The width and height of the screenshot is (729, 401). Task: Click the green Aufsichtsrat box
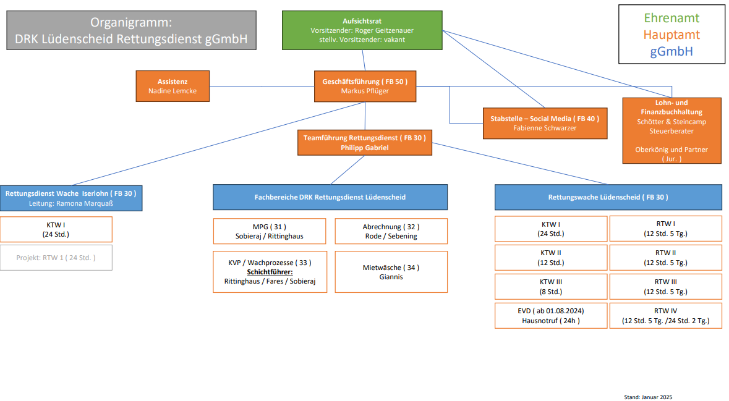tap(362, 30)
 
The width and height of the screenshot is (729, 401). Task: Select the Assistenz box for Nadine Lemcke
tap(173, 86)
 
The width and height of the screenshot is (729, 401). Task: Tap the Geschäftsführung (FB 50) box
tap(365, 86)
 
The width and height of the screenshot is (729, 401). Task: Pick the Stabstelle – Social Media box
tap(544, 123)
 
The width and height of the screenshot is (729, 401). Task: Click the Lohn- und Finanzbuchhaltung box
tap(671, 130)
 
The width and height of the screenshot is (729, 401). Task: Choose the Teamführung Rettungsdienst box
tap(364, 142)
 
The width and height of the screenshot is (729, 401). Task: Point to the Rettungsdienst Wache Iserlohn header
tap(70, 198)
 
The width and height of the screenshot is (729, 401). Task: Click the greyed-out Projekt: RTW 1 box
tap(56, 258)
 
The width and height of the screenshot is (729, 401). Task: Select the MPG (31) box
tap(269, 231)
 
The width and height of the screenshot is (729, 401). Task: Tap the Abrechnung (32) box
tap(390, 231)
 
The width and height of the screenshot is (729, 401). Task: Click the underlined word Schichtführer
tap(269, 272)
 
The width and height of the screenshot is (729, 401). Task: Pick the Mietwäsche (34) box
tap(390, 272)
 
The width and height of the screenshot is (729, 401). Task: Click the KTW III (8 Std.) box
tap(550, 286)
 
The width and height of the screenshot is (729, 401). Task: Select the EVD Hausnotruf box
tap(550, 316)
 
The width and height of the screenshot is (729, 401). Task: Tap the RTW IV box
tap(665, 316)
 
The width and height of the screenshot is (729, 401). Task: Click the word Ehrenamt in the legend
tap(671, 18)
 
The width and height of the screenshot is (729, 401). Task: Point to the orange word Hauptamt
tap(671, 35)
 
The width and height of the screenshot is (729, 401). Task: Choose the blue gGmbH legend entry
tap(671, 51)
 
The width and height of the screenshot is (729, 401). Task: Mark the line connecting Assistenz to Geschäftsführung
tap(262, 87)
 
